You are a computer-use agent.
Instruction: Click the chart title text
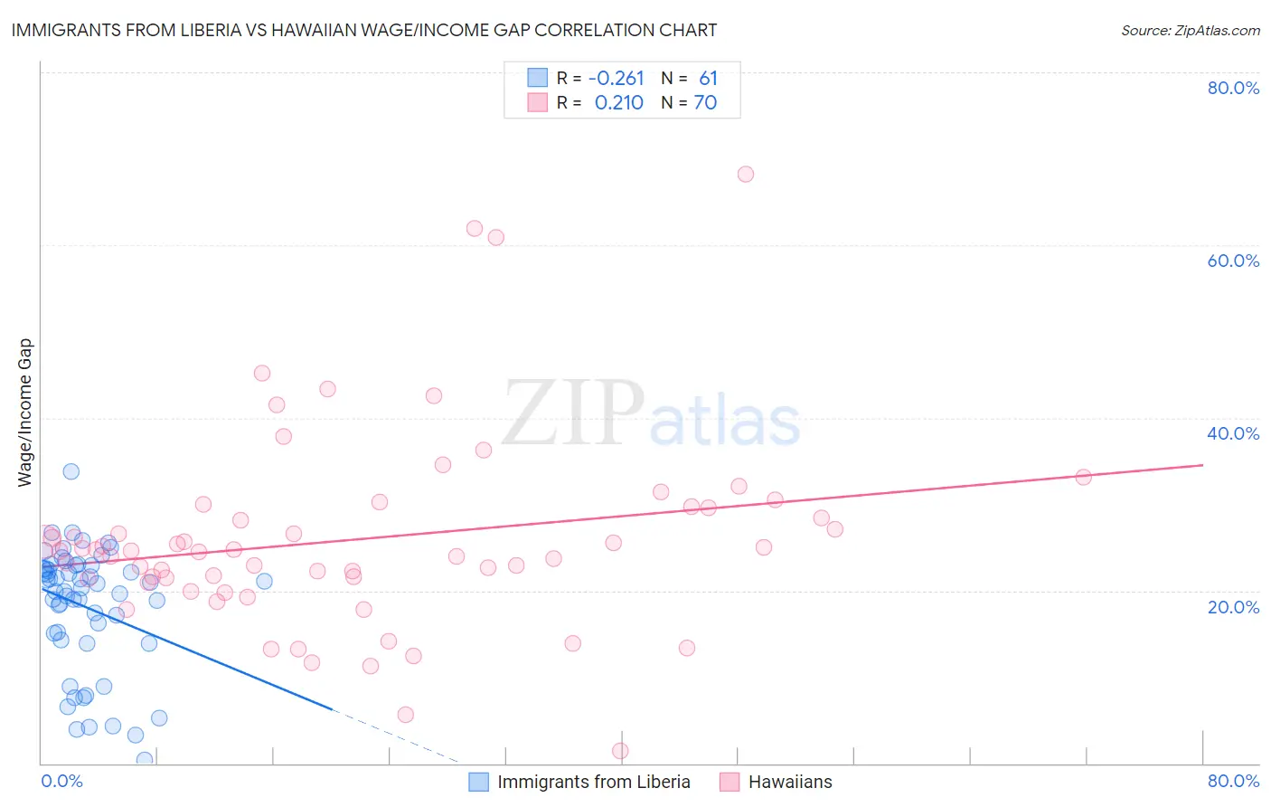pos(364,31)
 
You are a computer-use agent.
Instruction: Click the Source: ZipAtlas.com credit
pos(1190,31)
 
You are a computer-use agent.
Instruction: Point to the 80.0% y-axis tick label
pos(1233,88)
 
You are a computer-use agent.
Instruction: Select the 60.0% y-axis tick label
pos(1233,261)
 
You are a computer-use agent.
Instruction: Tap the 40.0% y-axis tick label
pos(1233,433)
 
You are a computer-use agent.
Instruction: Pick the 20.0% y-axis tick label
pos(1233,606)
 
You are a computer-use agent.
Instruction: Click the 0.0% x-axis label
pos(61,781)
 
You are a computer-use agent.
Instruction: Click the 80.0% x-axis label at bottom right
pos(1233,781)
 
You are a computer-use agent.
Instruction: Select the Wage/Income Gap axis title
pos(25,413)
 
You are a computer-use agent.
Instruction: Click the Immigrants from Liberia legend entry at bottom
pos(593,782)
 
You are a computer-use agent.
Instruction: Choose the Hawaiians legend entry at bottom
pos(789,782)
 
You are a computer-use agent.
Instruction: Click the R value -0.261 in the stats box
pos(616,79)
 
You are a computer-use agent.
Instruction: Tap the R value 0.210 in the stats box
pos(618,103)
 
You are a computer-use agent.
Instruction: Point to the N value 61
pos(708,79)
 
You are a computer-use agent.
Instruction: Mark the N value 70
pos(705,103)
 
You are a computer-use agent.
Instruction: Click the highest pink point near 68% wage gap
pos(746,174)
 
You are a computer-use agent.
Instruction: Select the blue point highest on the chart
pos(71,471)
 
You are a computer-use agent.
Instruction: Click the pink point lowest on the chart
pos(620,751)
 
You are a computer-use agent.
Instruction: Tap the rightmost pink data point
pos(1083,477)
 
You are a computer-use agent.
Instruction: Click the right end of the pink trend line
pos(1202,465)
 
